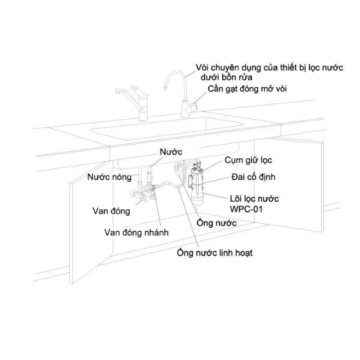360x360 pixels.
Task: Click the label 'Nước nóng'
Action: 109,177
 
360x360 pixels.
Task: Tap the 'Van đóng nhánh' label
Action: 136,232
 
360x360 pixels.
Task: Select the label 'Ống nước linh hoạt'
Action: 215,253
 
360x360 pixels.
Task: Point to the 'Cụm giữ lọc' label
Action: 248,160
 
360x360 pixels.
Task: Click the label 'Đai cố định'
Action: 253,177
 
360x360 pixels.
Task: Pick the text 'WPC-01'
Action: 246,209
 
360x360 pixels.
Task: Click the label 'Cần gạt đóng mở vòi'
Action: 247,89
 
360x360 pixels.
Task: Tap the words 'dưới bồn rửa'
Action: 226,77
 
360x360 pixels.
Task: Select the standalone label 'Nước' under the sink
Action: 171,152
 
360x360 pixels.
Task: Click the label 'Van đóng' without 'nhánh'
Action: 111,211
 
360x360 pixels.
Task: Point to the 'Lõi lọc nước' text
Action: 254,198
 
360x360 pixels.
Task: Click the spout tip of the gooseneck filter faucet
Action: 165,87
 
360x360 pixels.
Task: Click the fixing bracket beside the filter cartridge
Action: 189,181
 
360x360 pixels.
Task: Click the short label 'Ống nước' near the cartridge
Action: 216,223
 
